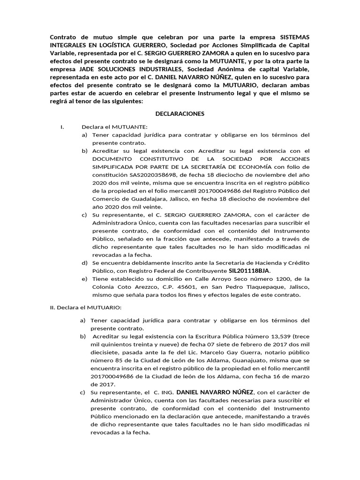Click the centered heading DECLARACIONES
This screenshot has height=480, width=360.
click(x=180, y=114)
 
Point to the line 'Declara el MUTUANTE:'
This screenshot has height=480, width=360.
click(x=114, y=127)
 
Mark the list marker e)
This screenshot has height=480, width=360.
click(x=84, y=279)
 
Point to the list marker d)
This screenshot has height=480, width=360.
click(x=84, y=262)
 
